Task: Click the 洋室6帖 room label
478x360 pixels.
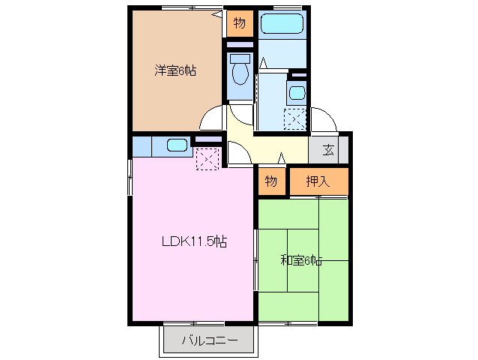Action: tap(175, 71)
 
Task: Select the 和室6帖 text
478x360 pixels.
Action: tap(301, 260)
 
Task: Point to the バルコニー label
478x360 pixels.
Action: tap(211, 342)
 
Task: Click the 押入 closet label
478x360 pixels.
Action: tap(318, 181)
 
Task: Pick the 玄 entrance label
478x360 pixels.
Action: tap(328, 149)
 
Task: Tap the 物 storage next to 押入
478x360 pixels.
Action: tap(271, 181)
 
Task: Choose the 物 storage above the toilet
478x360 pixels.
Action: tap(239, 23)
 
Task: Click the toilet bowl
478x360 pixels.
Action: tap(240, 73)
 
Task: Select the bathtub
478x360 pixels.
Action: tap(282, 25)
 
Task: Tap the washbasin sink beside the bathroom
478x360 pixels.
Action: tap(297, 94)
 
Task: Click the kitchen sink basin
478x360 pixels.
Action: tap(178, 145)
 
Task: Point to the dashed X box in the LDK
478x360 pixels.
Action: tap(207, 158)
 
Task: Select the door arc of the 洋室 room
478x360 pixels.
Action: tap(211, 118)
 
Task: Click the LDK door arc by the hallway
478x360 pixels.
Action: tap(239, 153)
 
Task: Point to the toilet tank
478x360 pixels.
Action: tap(240, 58)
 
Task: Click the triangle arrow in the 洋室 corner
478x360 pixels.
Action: tap(217, 13)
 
